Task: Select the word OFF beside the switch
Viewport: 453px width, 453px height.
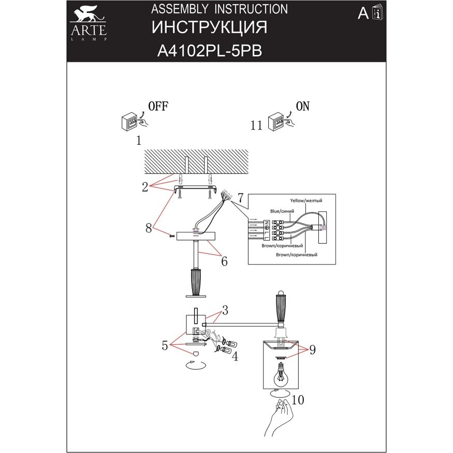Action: pos(158,106)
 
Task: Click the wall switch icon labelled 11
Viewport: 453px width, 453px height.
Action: pos(280,123)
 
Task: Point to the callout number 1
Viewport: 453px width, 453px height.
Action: pos(138,140)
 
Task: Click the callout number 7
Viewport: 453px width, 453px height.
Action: pos(240,197)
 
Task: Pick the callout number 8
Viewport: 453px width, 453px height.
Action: pos(149,227)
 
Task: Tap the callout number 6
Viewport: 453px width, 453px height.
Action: pos(224,261)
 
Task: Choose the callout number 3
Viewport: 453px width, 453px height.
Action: pos(225,310)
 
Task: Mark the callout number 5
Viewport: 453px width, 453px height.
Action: pos(165,345)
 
